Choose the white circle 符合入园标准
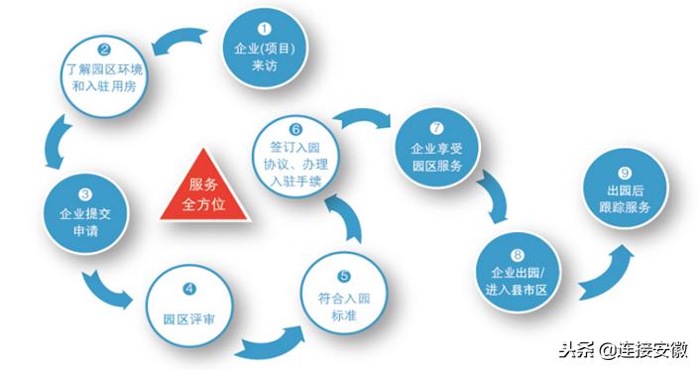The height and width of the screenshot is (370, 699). point(342,291)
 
